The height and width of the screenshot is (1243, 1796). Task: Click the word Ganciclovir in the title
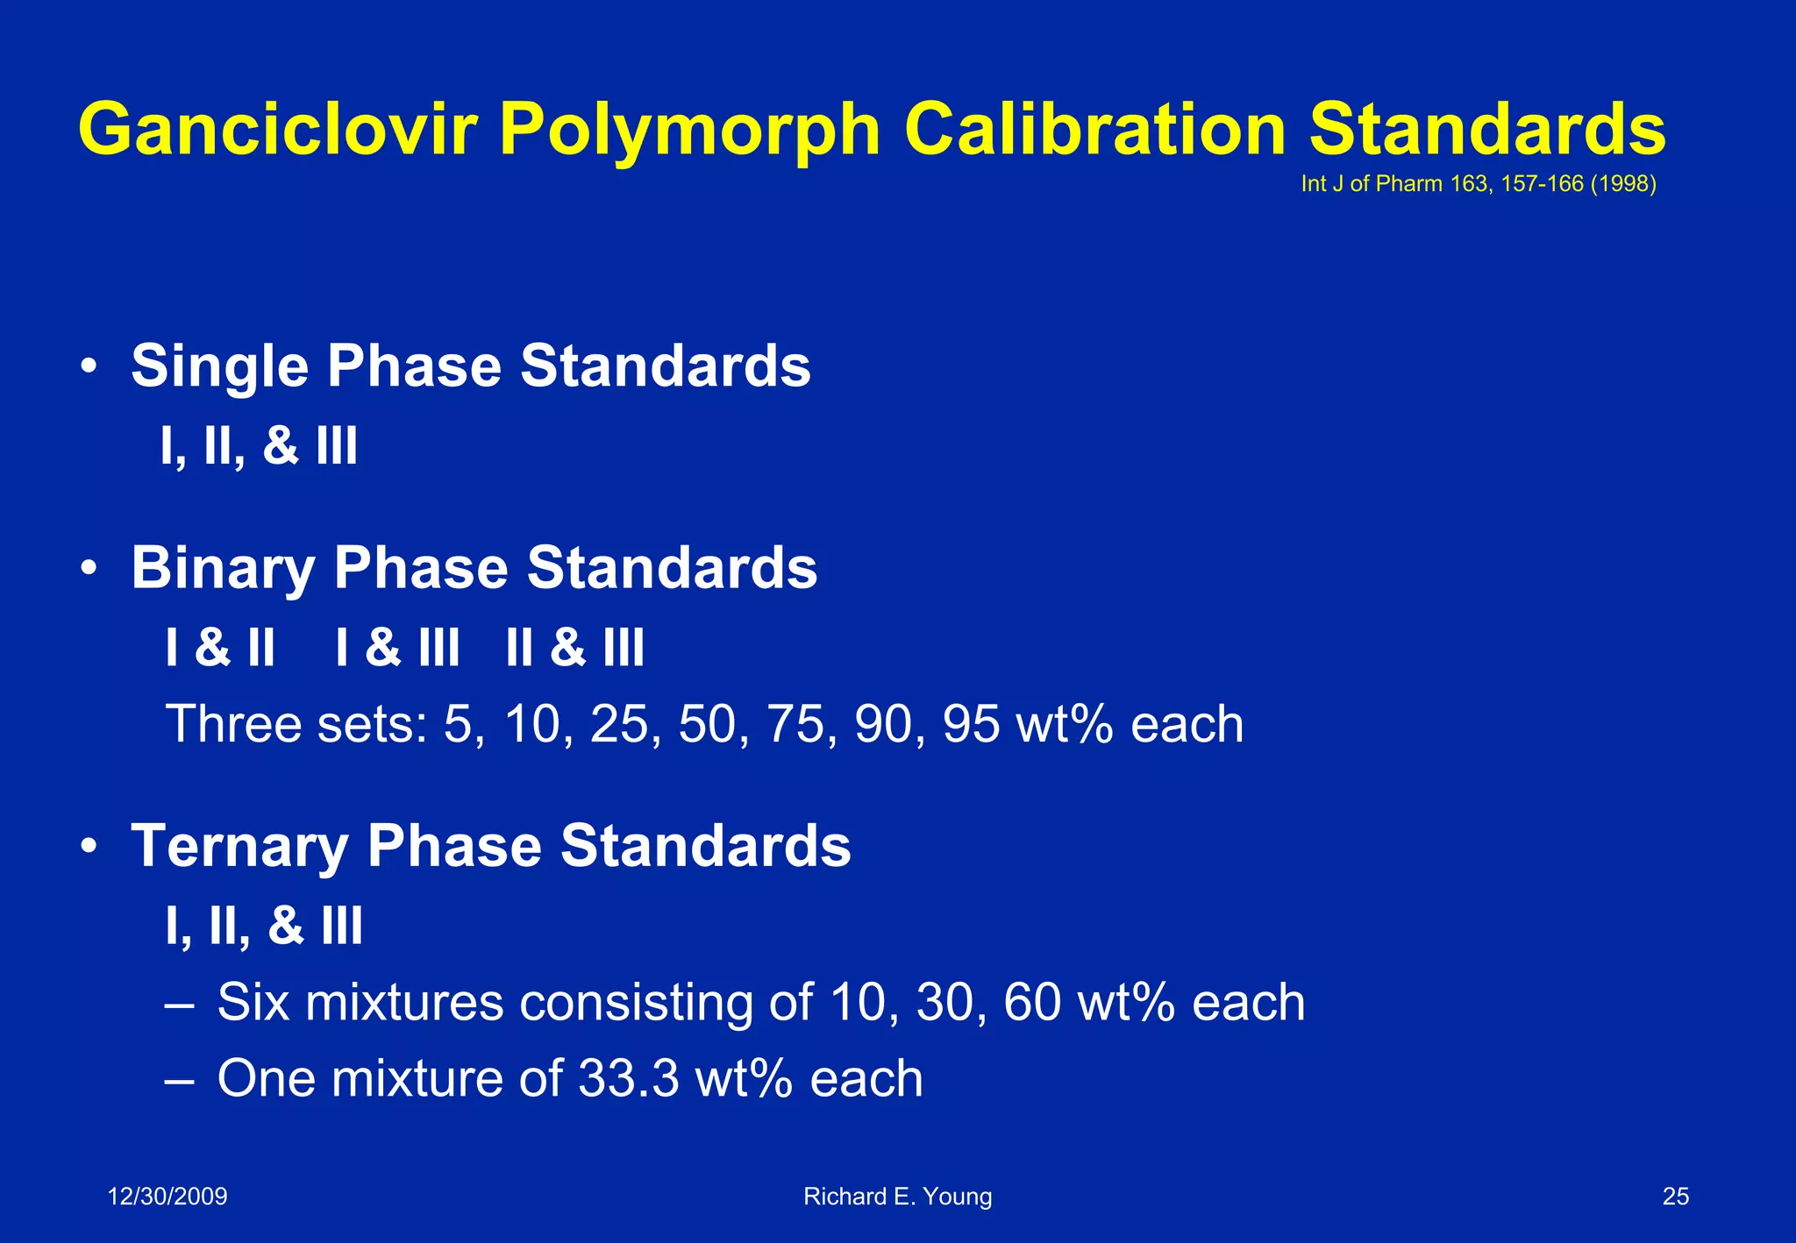pos(278,130)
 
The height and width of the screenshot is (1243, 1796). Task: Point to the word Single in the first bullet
pos(219,366)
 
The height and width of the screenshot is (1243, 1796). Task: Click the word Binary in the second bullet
pos(222,569)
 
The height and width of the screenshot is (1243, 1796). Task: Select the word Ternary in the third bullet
pos(239,847)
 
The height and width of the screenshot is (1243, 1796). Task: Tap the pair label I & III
pos(397,649)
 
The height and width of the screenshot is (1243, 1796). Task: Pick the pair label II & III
pos(575,649)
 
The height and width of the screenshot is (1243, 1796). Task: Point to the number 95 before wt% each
pos(971,725)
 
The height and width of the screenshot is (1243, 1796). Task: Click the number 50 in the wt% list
pos(707,725)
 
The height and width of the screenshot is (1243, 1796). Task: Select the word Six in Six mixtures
pos(253,1002)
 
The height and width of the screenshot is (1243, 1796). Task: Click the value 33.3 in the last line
pos(628,1078)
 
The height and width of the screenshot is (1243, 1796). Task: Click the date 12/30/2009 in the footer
pos(167,1197)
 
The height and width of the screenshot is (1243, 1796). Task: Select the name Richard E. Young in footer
pos(897,1197)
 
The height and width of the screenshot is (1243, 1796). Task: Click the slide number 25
pos(1675,1197)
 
